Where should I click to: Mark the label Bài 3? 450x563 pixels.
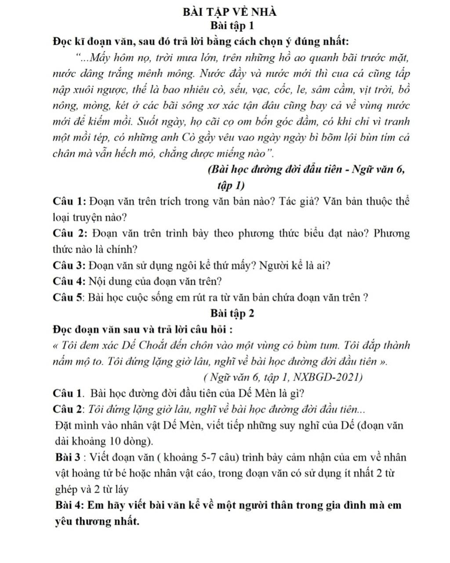[69, 457]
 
